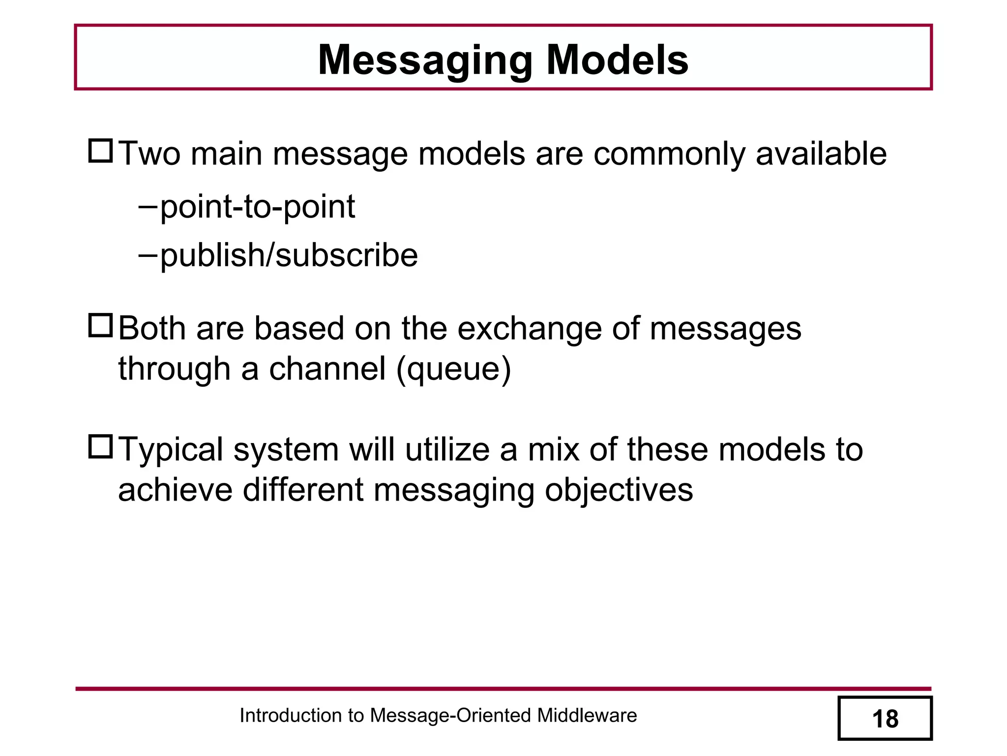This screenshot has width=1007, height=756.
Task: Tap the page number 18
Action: (885, 719)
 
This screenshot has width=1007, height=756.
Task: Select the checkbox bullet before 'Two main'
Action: (101, 151)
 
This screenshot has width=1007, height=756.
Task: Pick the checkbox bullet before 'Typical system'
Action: (101, 447)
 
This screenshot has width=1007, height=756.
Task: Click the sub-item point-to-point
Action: (257, 207)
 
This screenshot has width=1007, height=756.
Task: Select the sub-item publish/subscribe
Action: (289, 255)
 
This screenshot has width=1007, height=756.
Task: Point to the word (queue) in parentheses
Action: (453, 369)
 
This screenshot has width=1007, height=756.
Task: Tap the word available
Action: (821, 154)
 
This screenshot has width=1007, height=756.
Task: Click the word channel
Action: (327, 368)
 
